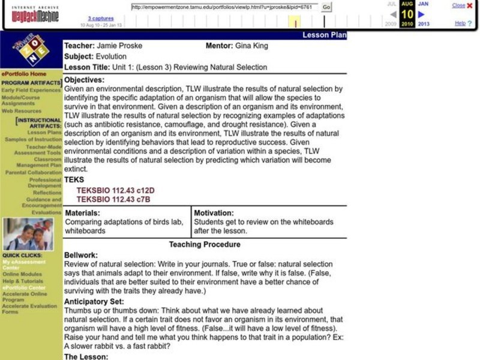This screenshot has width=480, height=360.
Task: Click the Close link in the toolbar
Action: tap(458, 5)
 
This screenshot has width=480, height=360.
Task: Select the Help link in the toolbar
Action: tap(460, 23)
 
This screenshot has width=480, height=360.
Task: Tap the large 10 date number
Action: tap(407, 14)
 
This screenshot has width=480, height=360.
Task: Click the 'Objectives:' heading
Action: tap(84, 80)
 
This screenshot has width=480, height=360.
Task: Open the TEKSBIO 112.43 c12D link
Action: tap(115, 190)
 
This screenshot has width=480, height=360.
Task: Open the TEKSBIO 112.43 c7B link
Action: tap(113, 199)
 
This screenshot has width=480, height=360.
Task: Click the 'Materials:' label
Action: tap(82, 213)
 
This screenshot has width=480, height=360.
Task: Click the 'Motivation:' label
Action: tap(214, 213)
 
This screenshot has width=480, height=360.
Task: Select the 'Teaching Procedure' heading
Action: tap(205, 244)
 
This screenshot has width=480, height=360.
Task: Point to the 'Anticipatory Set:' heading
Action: tap(94, 301)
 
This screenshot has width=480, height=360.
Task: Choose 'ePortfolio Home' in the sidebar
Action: tap(24, 74)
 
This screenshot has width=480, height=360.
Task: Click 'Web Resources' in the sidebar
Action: tap(21, 111)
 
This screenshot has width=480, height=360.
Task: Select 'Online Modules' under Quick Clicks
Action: tap(22, 274)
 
